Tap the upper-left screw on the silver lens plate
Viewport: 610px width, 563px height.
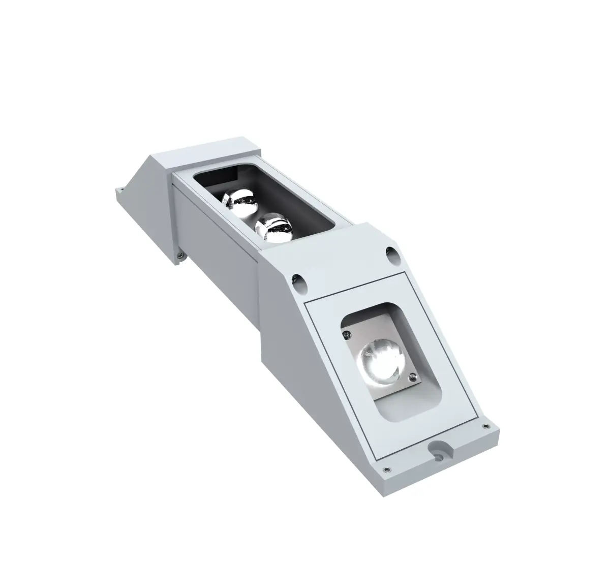coord(346,333)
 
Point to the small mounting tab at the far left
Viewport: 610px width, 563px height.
coord(120,192)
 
